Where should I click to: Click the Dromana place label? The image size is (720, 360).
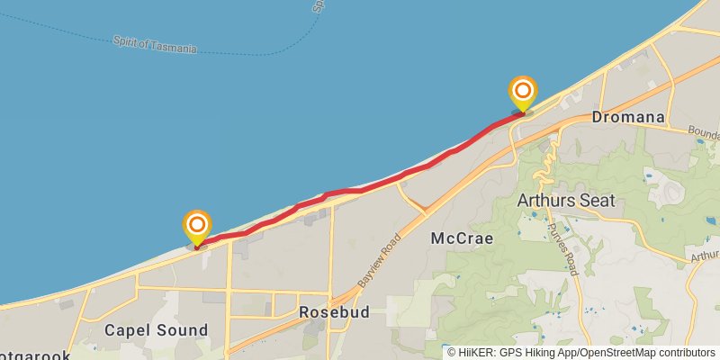628,117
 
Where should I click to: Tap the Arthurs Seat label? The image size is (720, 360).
566,200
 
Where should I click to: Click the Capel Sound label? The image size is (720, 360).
156,330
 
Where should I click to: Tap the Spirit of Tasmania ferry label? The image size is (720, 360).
155,44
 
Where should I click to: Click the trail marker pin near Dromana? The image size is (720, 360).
522,93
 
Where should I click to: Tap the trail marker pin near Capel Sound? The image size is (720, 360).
196,226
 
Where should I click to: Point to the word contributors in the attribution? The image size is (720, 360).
686,353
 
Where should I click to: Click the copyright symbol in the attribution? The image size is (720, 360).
452,353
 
